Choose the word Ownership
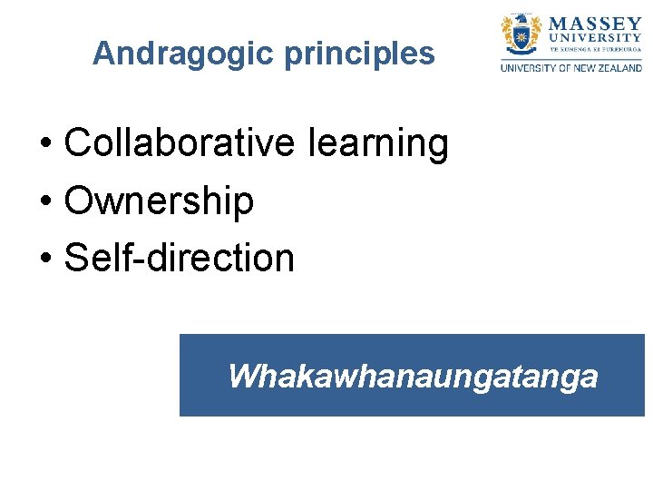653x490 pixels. pos(159,201)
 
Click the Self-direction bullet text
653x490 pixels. pos(180,258)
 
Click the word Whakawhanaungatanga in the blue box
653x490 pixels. pos(413,375)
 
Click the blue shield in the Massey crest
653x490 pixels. pos(521,38)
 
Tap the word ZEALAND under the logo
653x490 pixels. pos(618,68)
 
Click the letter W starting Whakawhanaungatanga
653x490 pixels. pos(241,375)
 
